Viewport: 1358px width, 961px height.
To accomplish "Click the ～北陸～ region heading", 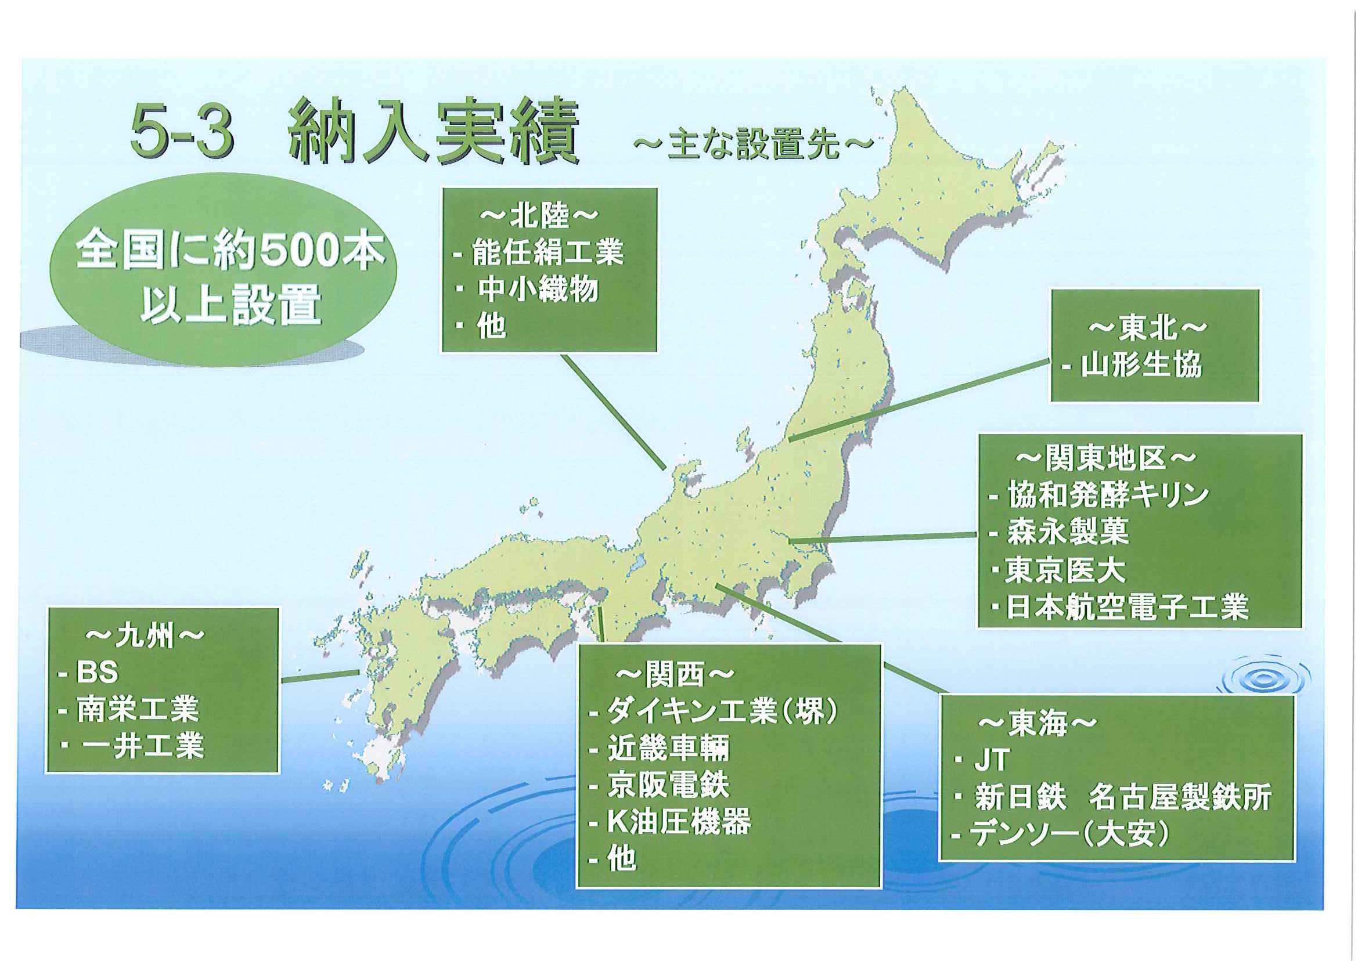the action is pyautogui.click(x=539, y=216).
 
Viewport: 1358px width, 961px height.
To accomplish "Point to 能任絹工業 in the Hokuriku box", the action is pyautogui.click(x=547, y=252).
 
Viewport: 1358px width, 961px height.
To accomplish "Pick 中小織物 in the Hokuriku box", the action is pyautogui.click(x=538, y=290).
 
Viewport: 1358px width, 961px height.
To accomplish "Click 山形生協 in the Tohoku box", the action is pyautogui.click(x=1141, y=364).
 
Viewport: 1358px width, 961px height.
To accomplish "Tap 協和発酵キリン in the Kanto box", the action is pyautogui.click(x=1107, y=494).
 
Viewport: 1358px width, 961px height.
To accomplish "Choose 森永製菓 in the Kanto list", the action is pyautogui.click(x=1067, y=532).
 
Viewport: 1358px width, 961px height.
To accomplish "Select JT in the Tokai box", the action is pyautogui.click(x=991, y=760).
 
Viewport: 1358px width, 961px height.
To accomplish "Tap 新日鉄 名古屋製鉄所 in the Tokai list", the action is pyautogui.click(x=1122, y=798).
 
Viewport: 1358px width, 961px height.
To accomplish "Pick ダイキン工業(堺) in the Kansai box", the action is pyautogui.click(x=722, y=711).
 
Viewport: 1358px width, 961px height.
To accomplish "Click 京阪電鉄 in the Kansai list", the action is pyautogui.click(x=668, y=785).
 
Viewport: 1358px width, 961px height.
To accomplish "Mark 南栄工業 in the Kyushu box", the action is pyautogui.click(x=138, y=709).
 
